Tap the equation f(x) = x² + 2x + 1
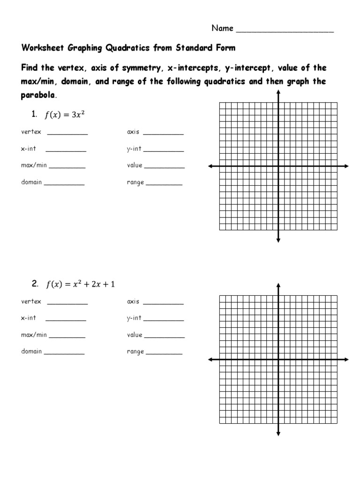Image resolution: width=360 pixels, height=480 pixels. click(x=80, y=284)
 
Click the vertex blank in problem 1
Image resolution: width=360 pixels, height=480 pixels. click(x=67, y=133)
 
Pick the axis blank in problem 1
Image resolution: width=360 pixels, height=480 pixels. click(x=163, y=133)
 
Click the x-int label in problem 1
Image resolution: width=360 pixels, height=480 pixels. click(x=28, y=149)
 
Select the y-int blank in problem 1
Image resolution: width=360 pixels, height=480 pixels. click(x=164, y=150)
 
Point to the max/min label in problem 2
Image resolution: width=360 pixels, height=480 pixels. click(x=34, y=335)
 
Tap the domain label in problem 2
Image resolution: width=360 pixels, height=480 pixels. click(x=31, y=351)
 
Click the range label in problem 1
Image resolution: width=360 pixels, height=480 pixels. click(x=135, y=182)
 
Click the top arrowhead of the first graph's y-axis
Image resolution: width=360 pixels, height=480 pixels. click(x=278, y=92)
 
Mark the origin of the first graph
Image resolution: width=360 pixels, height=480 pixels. click(x=278, y=166)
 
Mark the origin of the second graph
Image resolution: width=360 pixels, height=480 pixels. click(x=278, y=360)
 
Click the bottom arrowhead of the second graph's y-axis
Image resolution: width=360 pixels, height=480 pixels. click(x=278, y=434)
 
